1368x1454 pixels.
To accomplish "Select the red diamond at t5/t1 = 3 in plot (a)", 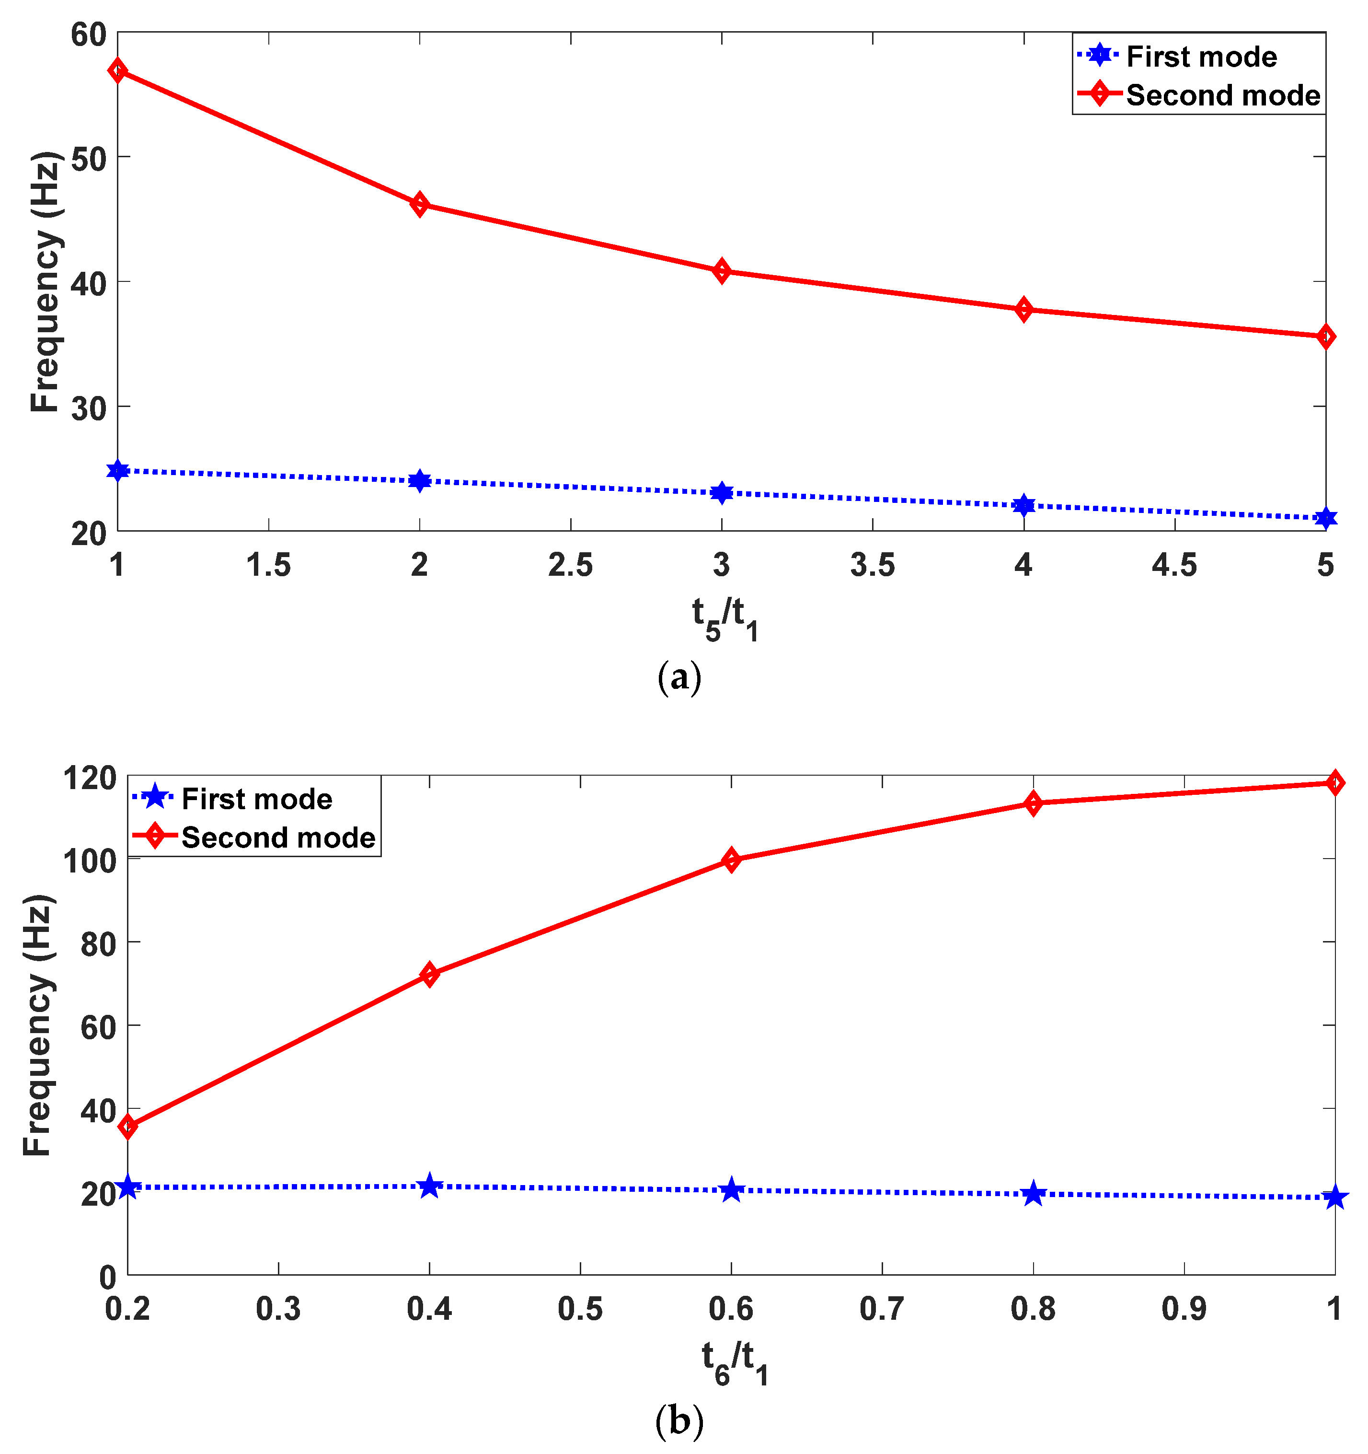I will (722, 271).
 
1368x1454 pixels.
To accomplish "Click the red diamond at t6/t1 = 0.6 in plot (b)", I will (731, 860).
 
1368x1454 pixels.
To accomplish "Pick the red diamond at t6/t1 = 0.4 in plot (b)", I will (430, 975).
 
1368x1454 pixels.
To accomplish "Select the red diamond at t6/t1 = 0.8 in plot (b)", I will (1033, 804).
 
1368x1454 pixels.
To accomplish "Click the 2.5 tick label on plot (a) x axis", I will (570, 565).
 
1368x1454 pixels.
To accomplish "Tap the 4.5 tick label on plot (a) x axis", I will (1174, 565).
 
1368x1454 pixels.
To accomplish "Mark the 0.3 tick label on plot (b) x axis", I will (278, 1309).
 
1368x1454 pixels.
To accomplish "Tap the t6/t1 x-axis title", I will (734, 1362).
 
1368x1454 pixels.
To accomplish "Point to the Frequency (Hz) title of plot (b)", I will (38, 1024).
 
